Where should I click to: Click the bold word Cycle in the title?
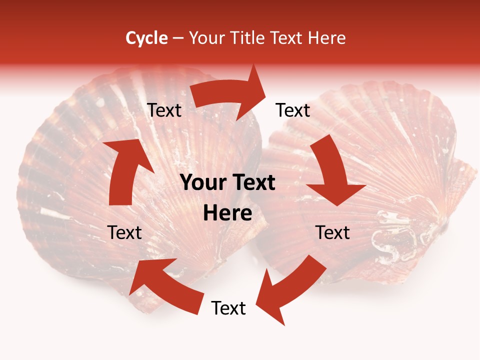(x=146, y=38)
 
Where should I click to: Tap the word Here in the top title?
(x=326, y=38)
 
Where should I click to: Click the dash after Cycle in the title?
(x=178, y=38)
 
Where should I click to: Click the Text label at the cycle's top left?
(x=164, y=110)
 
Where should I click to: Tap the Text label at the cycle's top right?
(x=293, y=110)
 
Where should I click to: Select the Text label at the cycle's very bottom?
(x=228, y=308)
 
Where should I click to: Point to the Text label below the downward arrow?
(x=332, y=232)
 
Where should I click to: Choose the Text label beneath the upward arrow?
(x=125, y=232)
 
